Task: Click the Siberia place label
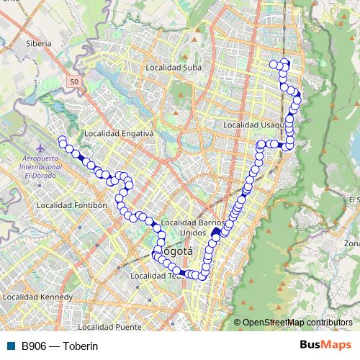(x=38, y=43)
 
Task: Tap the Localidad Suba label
(x=173, y=68)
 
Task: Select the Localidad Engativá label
(x=119, y=133)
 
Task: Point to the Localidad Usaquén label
(x=250, y=125)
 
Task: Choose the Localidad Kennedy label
(x=38, y=296)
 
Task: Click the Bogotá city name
(x=174, y=252)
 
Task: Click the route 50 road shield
(x=75, y=83)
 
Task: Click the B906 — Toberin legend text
(x=59, y=346)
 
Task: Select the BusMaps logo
(x=325, y=345)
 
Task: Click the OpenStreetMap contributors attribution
(x=297, y=323)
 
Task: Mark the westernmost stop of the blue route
(x=62, y=139)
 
